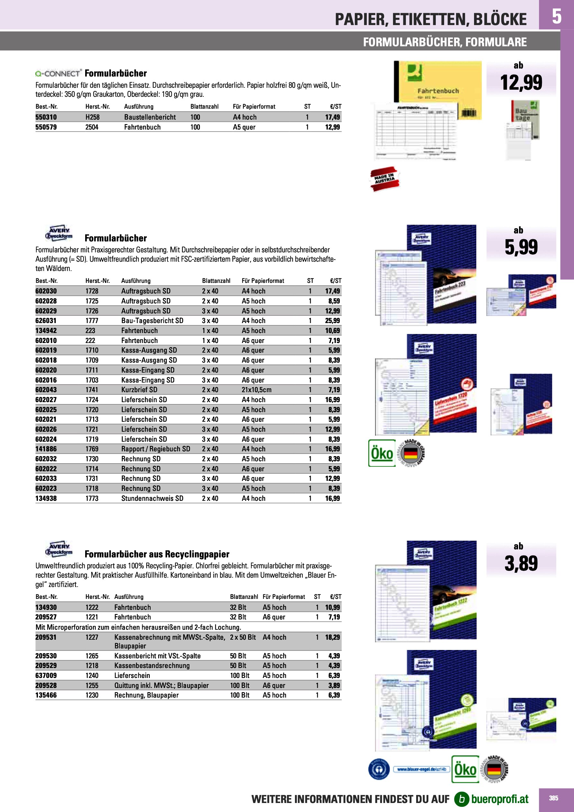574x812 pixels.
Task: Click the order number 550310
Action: tap(46, 117)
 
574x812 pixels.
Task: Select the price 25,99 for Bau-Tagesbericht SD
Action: tap(332, 321)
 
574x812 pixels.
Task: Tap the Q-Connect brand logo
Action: tap(59, 73)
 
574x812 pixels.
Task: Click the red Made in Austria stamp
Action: tap(385, 179)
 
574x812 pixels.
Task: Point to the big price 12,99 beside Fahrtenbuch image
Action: tap(521, 82)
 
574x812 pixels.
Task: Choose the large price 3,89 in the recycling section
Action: tap(521, 564)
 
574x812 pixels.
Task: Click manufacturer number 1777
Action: tap(92, 321)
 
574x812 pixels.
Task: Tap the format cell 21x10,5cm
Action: tap(257, 390)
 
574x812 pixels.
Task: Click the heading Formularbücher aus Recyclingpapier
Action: tap(157, 554)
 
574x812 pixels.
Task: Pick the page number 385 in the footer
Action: tap(553, 798)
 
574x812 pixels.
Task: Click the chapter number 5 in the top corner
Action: tap(556, 16)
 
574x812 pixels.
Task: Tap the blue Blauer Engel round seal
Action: tap(379, 769)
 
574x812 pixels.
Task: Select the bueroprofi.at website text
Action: tap(500, 799)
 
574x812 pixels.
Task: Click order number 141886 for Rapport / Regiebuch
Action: tap(46, 449)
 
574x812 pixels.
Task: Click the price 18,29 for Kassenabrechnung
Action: tap(332, 637)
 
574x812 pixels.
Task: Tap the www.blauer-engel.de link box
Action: tap(422, 769)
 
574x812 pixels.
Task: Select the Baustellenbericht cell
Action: tap(150, 117)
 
